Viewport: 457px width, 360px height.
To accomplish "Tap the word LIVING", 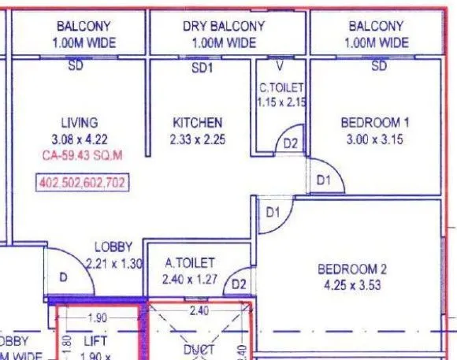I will [x=80, y=122].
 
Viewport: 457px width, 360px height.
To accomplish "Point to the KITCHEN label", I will [x=198, y=122].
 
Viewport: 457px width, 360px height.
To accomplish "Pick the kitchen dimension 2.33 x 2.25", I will [x=198, y=138].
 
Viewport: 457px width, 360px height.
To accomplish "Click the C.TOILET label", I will [x=281, y=87].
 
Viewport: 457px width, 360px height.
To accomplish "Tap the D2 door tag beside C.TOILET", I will [x=291, y=143].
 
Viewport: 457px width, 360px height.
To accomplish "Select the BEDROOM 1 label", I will [x=375, y=122].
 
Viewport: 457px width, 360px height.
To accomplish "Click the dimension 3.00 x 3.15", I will [x=375, y=139].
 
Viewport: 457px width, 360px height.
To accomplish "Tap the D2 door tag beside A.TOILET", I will [x=239, y=283].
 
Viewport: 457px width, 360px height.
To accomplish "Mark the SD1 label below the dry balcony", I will [x=203, y=69].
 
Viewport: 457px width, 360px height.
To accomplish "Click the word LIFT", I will [x=95, y=341].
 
